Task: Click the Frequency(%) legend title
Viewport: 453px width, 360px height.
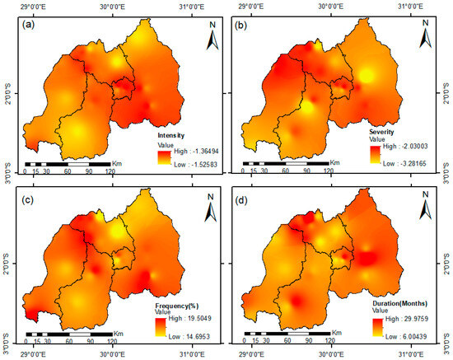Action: click(177, 306)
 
